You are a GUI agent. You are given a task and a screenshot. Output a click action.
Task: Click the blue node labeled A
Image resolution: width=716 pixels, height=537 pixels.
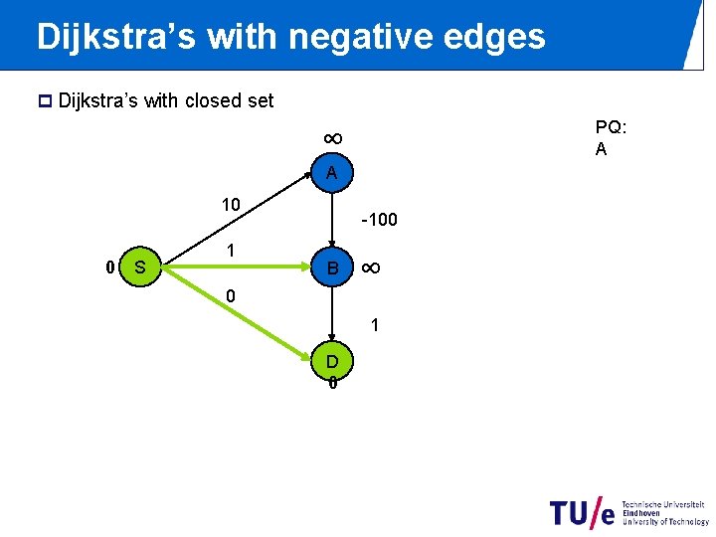coord(332,173)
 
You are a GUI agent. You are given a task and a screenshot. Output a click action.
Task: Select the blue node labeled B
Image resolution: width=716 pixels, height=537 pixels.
coord(332,268)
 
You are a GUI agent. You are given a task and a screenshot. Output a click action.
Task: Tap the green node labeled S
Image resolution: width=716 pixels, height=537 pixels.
coord(140,267)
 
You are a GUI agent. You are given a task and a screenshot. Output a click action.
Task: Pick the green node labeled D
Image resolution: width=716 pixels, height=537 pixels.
coord(332,360)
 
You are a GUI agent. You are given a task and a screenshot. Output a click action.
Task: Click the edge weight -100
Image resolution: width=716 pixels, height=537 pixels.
coord(379,219)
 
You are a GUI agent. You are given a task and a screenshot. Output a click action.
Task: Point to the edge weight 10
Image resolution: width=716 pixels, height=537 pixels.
coord(231,205)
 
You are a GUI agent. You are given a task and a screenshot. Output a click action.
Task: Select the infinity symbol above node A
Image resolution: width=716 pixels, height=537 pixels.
coord(332,138)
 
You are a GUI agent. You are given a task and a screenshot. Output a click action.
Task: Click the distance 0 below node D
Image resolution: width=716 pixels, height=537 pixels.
coord(332,384)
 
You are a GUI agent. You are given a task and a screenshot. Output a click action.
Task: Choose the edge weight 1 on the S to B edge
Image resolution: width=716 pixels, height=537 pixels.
coord(230,251)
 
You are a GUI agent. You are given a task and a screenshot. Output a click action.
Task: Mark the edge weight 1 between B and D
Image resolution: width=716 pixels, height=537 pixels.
coord(374,325)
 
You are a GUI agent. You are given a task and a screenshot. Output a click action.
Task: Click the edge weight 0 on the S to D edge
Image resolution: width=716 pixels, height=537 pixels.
coord(231,296)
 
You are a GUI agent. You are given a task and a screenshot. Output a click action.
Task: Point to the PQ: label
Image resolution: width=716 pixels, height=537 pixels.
coord(610,127)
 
